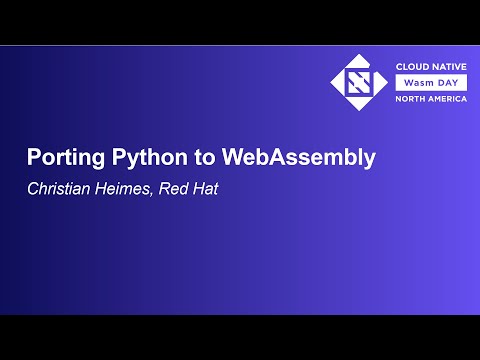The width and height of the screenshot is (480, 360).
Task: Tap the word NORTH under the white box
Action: coord(410,99)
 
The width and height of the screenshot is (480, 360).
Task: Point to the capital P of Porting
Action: coord(33,158)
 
